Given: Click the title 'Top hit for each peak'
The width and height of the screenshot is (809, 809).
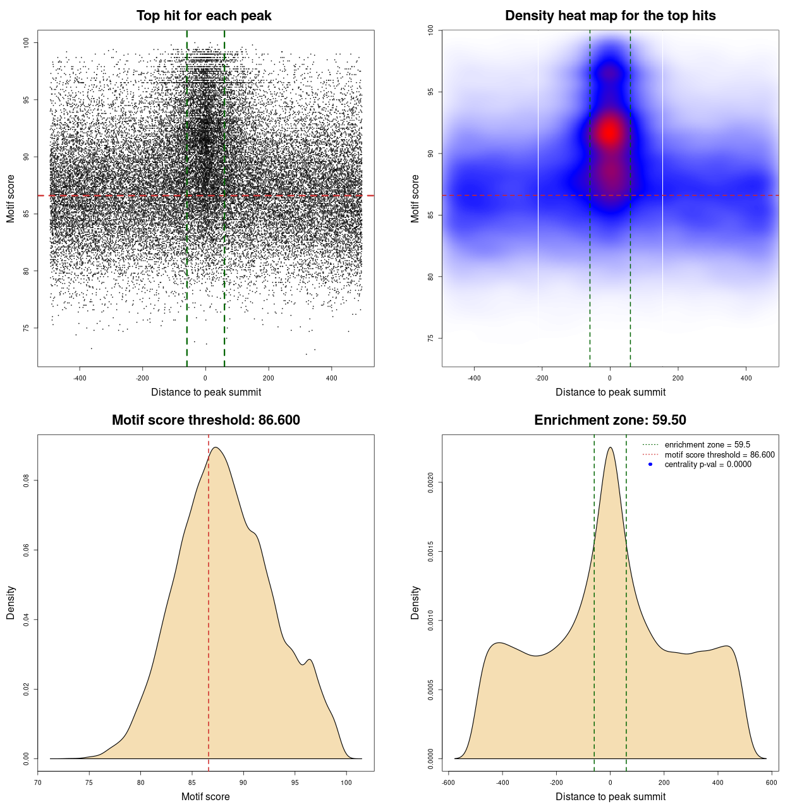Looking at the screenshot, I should point(204,16).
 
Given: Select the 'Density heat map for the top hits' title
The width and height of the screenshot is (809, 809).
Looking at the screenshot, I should point(610,16).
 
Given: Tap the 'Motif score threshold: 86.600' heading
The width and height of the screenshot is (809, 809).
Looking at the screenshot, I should point(205,420).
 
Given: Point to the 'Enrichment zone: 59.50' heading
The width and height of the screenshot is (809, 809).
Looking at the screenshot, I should point(610,420).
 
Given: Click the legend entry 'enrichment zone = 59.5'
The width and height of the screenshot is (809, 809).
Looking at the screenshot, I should point(707,445).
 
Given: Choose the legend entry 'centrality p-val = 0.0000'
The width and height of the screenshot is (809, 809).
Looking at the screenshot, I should point(708,465).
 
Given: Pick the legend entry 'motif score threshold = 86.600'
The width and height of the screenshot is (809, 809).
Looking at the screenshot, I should point(719,455).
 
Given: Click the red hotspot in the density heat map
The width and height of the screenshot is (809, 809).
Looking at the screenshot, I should point(609,132).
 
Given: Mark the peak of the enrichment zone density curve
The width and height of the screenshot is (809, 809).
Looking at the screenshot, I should point(610,447).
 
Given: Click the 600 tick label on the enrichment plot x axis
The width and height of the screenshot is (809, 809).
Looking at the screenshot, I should point(772,782).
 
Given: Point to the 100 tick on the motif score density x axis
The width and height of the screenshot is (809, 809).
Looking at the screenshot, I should point(346,782).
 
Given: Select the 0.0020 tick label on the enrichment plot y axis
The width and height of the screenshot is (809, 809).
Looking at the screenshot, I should point(431,483).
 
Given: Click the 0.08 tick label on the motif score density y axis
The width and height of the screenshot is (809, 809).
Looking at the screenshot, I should point(27,482).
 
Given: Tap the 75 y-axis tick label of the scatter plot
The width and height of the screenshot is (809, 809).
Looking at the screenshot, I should point(27,328).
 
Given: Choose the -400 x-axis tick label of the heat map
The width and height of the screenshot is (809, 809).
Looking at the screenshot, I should point(473,378).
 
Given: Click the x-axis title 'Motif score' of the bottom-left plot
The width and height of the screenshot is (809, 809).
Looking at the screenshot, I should point(205,796).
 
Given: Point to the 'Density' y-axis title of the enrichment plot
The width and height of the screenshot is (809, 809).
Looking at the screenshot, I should point(415,602).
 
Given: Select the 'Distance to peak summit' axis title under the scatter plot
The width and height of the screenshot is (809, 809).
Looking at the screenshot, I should point(206,392).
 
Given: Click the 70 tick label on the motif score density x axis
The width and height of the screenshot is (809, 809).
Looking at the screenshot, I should point(38,782).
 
